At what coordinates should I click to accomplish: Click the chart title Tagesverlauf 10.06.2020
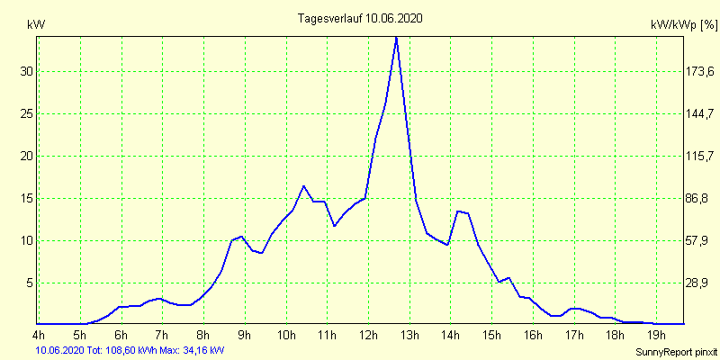[360, 18]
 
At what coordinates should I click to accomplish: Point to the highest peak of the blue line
[396, 37]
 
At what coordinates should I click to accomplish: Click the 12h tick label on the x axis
[368, 336]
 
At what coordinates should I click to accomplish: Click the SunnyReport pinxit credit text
[676, 350]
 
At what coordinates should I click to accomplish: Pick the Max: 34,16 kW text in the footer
[192, 349]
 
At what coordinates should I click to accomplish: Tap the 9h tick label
[244, 336]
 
